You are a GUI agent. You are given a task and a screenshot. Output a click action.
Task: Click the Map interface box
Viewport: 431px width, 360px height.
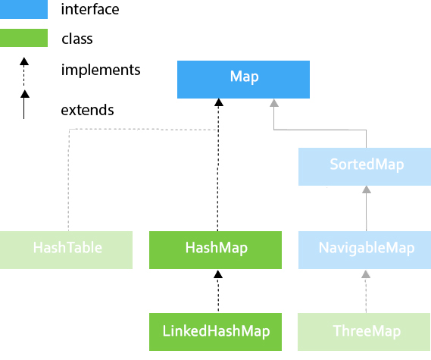(243, 80)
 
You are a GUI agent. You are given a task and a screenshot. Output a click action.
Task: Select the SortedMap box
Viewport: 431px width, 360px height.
(365, 167)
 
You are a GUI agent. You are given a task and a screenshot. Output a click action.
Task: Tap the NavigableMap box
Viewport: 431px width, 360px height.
(365, 250)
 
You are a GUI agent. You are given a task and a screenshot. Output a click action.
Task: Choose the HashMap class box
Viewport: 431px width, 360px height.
(215, 250)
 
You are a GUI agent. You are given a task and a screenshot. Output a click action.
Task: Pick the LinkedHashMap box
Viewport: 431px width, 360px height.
(215, 332)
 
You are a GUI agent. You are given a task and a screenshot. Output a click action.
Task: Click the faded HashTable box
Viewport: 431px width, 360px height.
(66, 250)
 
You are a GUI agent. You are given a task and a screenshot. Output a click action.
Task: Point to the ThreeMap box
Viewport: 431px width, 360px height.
(364, 332)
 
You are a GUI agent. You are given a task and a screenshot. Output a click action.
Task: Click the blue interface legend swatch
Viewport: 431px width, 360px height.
(23, 9)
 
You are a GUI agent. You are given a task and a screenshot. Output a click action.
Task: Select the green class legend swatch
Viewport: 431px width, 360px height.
(23, 38)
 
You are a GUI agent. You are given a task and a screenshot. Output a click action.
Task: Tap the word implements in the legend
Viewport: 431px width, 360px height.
(101, 70)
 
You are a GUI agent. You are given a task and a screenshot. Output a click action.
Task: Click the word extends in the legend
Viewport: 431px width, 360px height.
(87, 110)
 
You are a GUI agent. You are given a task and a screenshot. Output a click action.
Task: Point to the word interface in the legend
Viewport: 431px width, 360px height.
(90, 9)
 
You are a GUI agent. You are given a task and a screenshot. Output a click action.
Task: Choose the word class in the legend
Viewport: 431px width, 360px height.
(77, 39)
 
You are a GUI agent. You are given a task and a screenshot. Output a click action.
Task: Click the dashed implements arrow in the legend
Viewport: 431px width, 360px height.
(24, 72)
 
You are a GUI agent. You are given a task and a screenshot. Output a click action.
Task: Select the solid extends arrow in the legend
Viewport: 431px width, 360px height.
(24, 105)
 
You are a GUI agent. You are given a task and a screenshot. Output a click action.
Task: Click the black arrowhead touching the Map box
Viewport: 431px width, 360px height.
(219, 102)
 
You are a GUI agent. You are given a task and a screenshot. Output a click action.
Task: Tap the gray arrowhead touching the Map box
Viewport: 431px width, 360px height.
(274, 103)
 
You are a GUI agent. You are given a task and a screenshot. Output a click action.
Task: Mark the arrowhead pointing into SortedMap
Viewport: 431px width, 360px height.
(367, 189)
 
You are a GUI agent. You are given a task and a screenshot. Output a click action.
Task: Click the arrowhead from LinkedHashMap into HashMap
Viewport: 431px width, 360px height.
(218, 274)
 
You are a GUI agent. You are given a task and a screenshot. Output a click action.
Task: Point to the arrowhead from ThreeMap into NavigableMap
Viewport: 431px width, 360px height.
(366, 274)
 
